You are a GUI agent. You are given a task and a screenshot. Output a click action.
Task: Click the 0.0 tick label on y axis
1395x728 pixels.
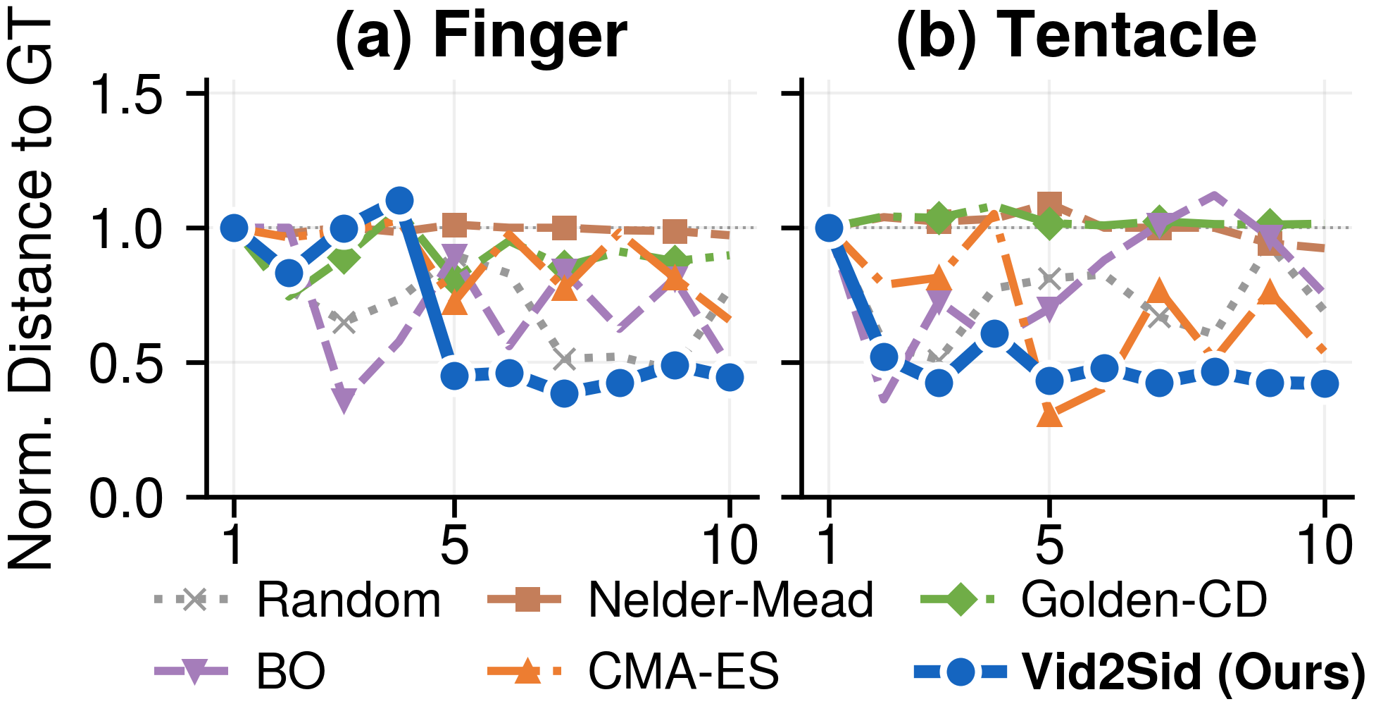(127, 499)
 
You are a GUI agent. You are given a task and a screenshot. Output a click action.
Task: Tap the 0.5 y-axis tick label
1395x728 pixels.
(127, 364)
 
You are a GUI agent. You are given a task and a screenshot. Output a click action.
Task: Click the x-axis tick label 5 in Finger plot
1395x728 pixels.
(454, 545)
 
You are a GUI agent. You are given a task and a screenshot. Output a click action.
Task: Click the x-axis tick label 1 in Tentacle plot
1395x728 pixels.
(830, 545)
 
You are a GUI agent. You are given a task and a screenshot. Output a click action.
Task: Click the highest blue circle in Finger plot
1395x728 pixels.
(399, 201)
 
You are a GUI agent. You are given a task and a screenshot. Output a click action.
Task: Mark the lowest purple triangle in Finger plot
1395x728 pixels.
(344, 400)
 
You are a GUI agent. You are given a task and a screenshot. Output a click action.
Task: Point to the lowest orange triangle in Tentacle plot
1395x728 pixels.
(1049, 415)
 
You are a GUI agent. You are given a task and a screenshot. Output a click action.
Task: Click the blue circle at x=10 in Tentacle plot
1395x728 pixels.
(1325, 384)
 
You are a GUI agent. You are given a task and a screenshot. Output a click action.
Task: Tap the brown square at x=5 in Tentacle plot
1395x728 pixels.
(1049, 204)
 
